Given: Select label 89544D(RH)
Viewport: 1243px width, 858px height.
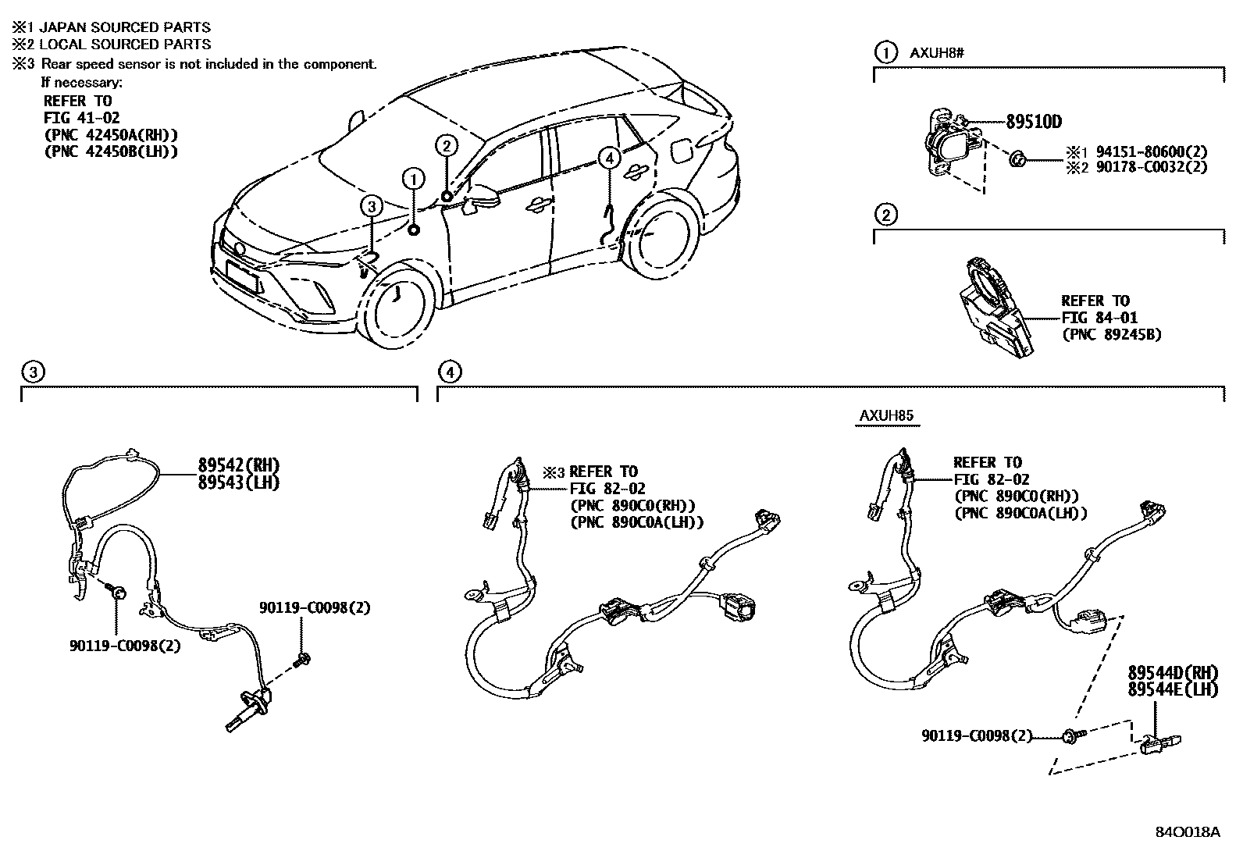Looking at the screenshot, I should (x=1173, y=673).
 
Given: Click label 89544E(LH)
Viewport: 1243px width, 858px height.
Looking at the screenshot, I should (x=1173, y=689).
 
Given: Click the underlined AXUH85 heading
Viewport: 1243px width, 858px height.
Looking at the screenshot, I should (x=886, y=416).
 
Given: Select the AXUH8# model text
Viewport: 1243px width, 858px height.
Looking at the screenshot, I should (x=936, y=53).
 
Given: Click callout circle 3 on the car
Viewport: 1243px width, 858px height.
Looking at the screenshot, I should (x=372, y=206).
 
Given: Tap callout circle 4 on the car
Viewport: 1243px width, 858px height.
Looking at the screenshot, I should (x=609, y=158).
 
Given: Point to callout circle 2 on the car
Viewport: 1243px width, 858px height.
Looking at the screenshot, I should (x=445, y=145).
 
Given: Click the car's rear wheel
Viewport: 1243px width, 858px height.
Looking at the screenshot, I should (x=661, y=238).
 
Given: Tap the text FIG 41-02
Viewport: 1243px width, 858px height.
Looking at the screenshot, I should (x=78, y=118).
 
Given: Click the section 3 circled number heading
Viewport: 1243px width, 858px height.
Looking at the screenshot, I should (x=31, y=372).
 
